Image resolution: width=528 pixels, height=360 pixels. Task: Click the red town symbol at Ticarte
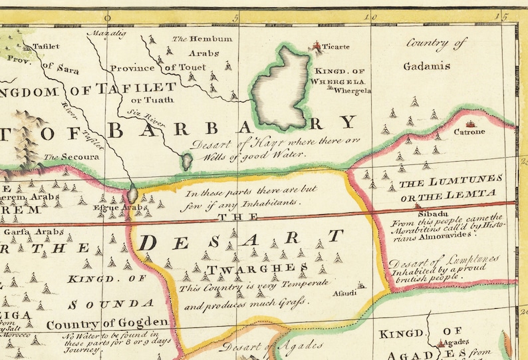pyautogui.click(x=316, y=46)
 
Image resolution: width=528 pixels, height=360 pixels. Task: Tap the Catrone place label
pyautogui.click(x=469, y=132)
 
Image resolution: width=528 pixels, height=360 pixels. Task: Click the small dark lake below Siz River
pyautogui.click(x=188, y=160)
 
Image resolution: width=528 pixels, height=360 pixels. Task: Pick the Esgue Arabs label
pyautogui.click(x=120, y=208)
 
